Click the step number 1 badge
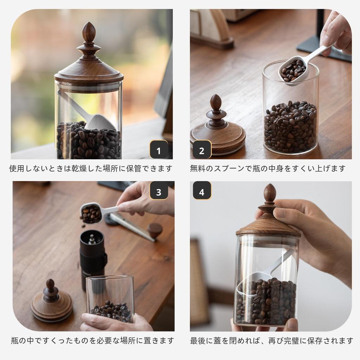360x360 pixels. [x=159, y=151]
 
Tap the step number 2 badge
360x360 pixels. [x=201, y=151]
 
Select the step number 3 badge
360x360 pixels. [x=159, y=192]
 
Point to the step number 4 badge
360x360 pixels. [x=201, y=192]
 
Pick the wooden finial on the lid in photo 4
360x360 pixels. [x=270, y=195]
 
